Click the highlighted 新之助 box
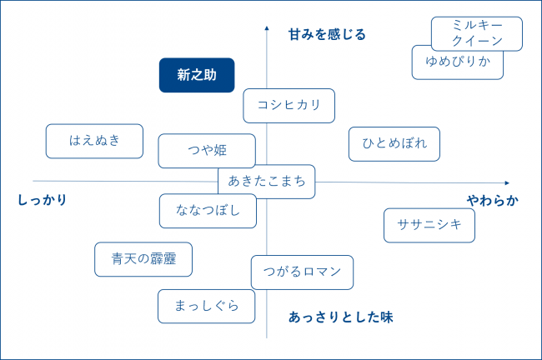point(197,75)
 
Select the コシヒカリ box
point(289,106)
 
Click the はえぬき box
point(94,141)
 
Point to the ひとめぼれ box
point(394,143)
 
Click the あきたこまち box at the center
point(266,182)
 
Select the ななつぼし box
point(208,211)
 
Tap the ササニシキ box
point(429,225)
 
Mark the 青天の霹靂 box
point(143,259)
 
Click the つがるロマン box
point(301,272)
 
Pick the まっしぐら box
point(206,306)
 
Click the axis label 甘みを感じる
point(327,34)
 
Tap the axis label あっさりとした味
point(340,317)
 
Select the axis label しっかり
point(42,200)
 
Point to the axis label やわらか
point(492,200)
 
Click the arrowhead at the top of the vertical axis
point(267,27)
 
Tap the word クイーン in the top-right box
point(477,40)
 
